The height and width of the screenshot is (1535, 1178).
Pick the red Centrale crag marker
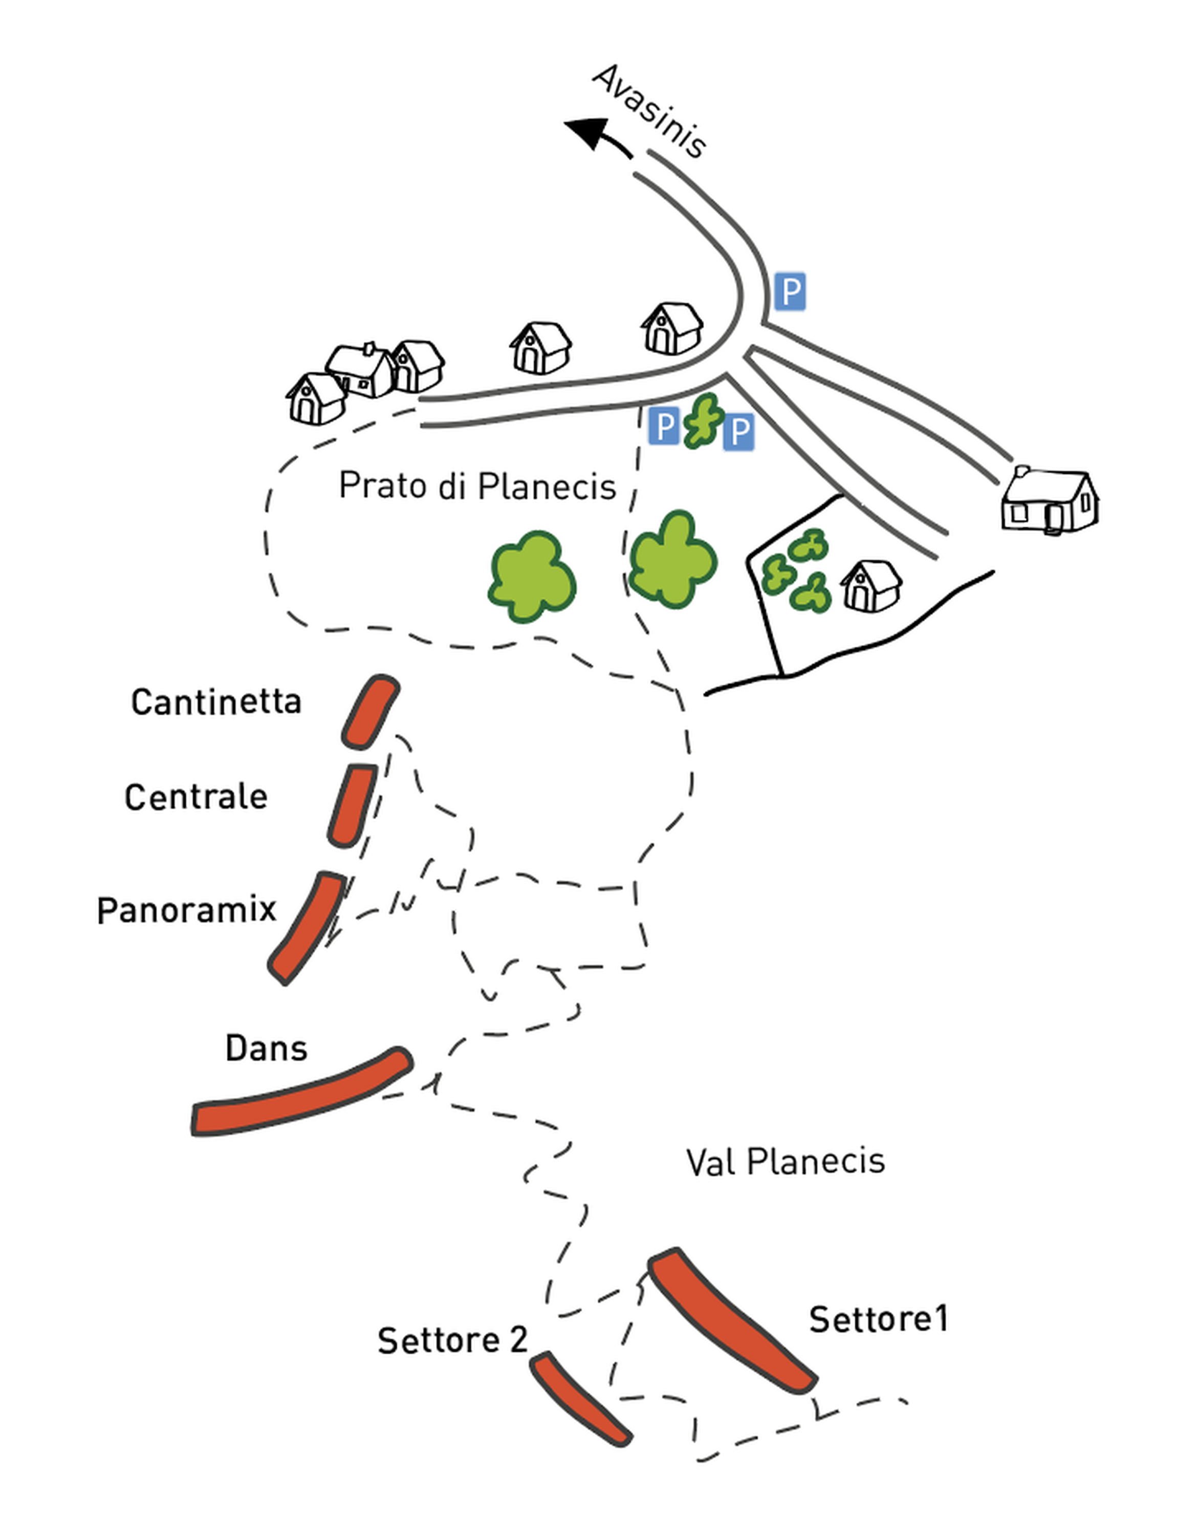tap(353, 805)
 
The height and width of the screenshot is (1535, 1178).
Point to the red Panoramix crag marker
tap(307, 927)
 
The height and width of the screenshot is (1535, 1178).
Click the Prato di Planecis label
tap(477, 486)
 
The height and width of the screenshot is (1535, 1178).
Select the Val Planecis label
tap(786, 1162)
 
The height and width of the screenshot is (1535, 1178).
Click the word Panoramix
tap(186, 910)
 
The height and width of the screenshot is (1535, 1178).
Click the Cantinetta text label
tap(216, 701)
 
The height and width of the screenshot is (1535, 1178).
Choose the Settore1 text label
tap(878, 1319)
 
